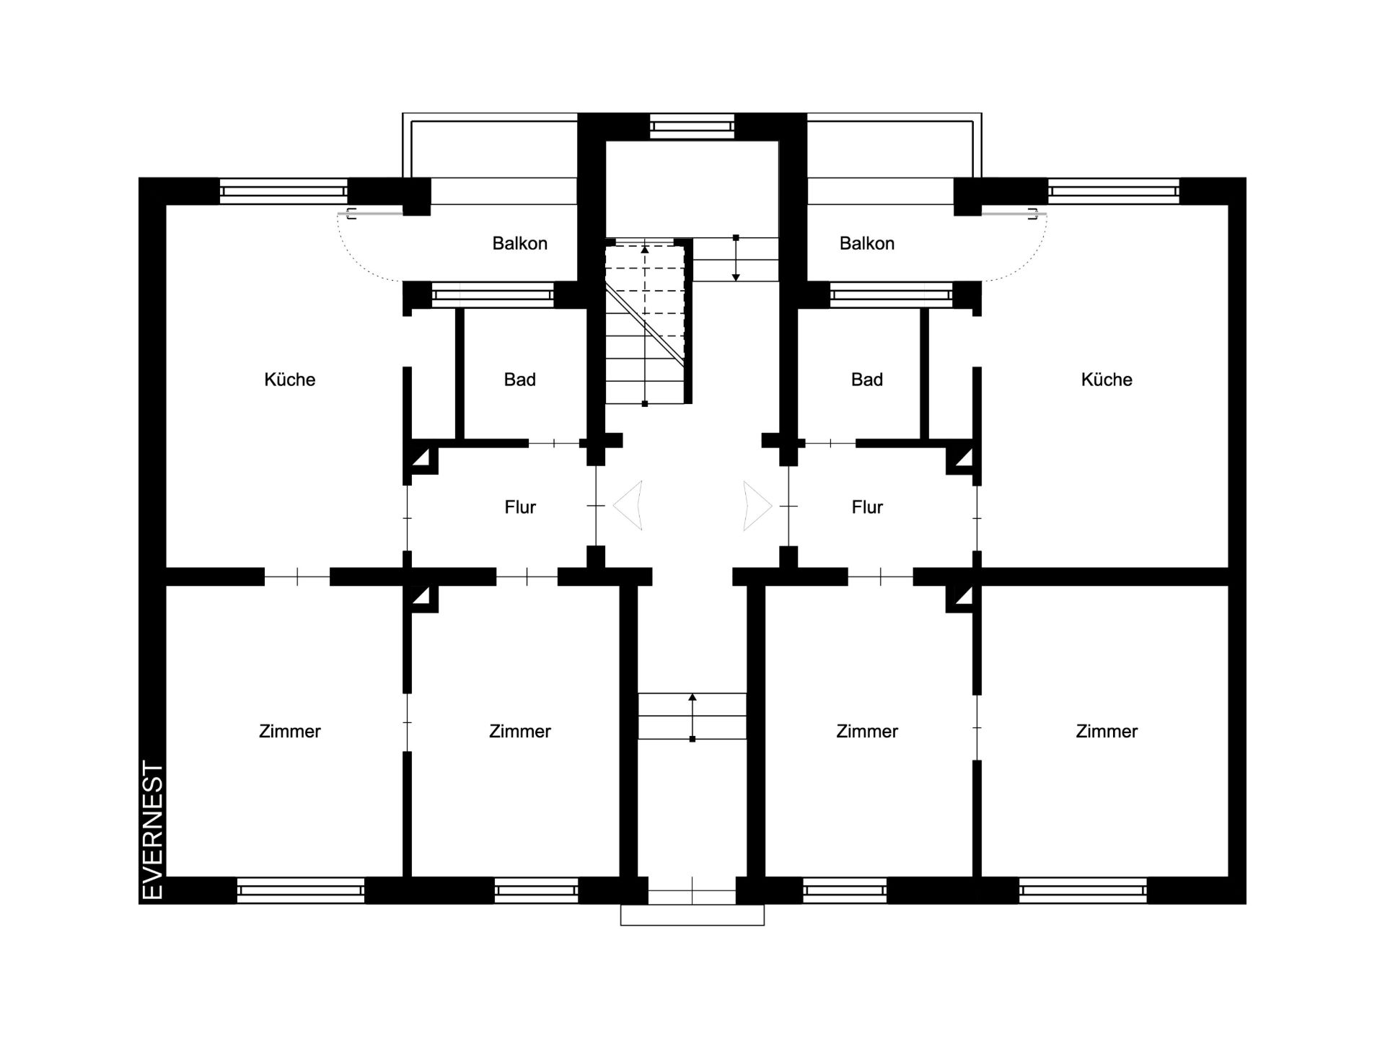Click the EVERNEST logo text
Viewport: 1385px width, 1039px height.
point(154,830)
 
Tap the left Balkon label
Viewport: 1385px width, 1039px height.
point(519,243)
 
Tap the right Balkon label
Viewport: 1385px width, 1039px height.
point(866,243)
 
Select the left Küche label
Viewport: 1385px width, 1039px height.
point(290,380)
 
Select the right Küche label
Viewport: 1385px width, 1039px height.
point(1107,380)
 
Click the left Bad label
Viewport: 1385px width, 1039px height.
point(519,380)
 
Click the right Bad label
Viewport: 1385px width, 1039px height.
point(866,380)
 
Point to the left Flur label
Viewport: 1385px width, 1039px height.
point(519,507)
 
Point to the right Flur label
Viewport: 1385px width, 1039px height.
point(866,507)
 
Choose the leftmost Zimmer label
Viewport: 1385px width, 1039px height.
point(290,731)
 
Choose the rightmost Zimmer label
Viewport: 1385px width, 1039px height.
point(1107,731)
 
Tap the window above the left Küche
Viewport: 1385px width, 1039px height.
point(283,191)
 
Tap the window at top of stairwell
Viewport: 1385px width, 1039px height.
point(692,126)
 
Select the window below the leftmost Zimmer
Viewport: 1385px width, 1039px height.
point(301,890)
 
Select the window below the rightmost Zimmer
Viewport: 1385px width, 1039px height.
point(1083,890)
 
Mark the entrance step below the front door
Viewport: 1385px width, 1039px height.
point(692,915)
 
